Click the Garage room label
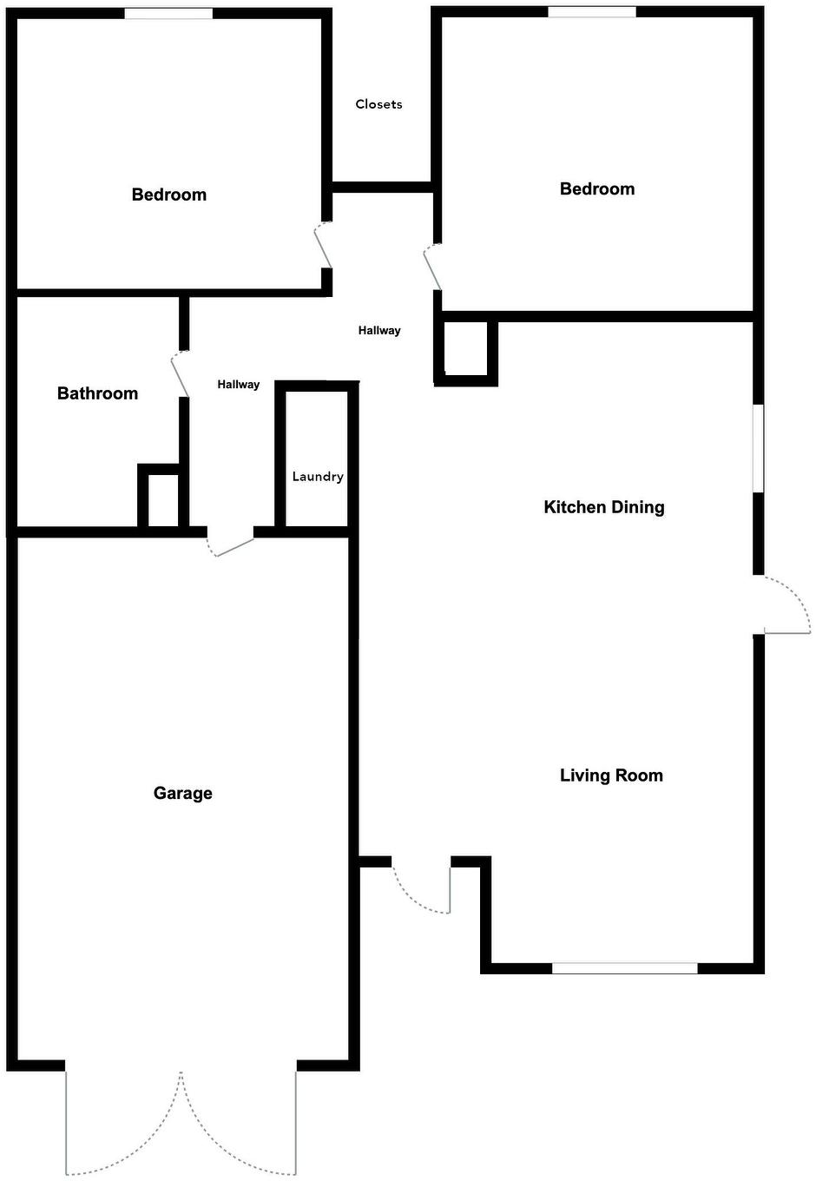click(x=182, y=793)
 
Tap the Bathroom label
click(x=97, y=393)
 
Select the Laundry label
click(x=317, y=477)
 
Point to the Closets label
click(x=378, y=104)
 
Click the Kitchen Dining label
click(x=603, y=507)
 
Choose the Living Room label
click(x=611, y=775)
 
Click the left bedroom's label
click(x=168, y=195)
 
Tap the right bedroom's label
click(x=596, y=188)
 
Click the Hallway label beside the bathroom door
click(x=238, y=385)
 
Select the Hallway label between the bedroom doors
click(x=379, y=330)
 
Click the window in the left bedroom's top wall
click(x=168, y=13)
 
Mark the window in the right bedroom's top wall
click(x=591, y=12)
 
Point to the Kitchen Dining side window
click(x=758, y=448)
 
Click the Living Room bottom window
click(x=624, y=967)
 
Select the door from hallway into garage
click(x=232, y=544)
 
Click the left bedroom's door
click(x=323, y=246)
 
